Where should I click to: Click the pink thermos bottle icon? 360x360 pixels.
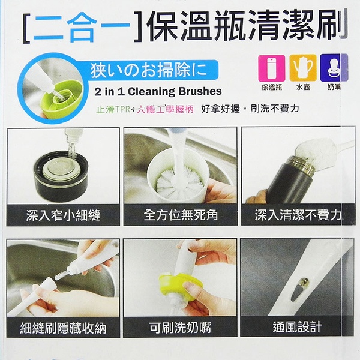[272, 68]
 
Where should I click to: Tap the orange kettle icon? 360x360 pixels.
[303, 68]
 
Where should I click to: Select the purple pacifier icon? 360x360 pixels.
[334, 68]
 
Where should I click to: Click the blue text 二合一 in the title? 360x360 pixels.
[82, 28]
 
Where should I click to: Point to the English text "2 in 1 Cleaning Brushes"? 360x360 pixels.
[158, 91]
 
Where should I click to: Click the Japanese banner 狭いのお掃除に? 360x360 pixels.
[149, 70]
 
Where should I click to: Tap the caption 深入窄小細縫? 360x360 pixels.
[63, 215]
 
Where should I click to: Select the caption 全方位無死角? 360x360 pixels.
[181, 215]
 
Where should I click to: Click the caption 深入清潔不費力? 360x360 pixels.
[298, 215]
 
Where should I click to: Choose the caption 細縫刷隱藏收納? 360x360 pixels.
[63, 328]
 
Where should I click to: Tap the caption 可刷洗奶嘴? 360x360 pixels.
[180, 328]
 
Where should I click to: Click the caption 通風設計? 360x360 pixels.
[297, 327]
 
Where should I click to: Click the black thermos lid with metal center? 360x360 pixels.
[61, 175]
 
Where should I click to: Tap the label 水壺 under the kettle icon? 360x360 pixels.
[303, 87]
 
